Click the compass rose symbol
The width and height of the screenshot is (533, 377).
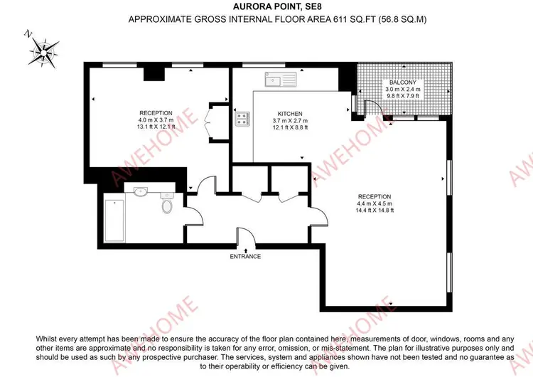pyautogui.click(x=43, y=53)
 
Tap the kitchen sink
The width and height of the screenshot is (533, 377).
pyautogui.click(x=281, y=79)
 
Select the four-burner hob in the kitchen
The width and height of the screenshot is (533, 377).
pyautogui.click(x=242, y=119)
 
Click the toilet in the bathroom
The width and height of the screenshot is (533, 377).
pyautogui.click(x=167, y=203)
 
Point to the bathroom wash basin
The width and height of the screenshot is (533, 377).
pyautogui.click(x=140, y=192)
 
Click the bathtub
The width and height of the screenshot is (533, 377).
pyautogui.click(x=114, y=221)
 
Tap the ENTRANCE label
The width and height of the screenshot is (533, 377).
pyautogui.click(x=245, y=257)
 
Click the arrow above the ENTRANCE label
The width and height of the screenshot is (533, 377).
pyautogui.click(x=246, y=251)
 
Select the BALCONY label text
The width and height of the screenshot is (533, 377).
pyautogui.click(x=403, y=83)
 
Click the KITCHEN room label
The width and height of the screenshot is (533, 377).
pyautogui.click(x=290, y=114)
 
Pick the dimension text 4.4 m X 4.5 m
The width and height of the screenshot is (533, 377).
pyautogui.click(x=375, y=203)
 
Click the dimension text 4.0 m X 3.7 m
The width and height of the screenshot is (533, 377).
pyautogui.click(x=156, y=120)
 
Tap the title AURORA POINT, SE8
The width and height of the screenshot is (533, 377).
pyautogui.click(x=277, y=6)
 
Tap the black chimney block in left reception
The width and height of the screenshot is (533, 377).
pyautogui.click(x=154, y=74)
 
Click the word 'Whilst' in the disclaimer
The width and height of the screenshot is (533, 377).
pyautogui.click(x=47, y=339)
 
